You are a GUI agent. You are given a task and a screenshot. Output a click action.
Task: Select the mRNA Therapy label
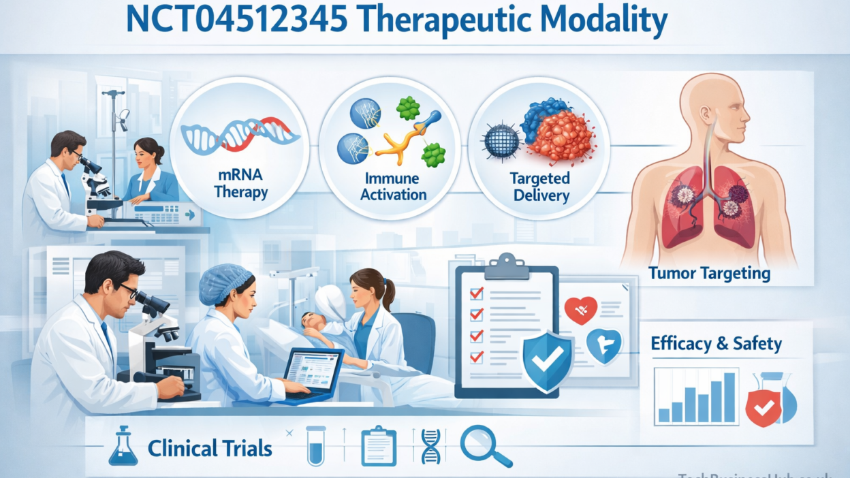click(x=240, y=184)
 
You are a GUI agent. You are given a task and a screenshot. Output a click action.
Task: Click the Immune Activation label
click(x=394, y=186)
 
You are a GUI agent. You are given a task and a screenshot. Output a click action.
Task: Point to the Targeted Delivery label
click(x=539, y=187)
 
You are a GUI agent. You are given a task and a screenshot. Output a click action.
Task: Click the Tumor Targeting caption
click(x=709, y=274)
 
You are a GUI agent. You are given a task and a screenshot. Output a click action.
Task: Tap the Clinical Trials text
click(x=210, y=449)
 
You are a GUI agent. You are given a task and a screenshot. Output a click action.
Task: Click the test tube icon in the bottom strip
click(x=315, y=445)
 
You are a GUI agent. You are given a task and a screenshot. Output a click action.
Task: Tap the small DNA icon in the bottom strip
click(x=430, y=445)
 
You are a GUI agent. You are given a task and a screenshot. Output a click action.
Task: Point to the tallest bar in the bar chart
click(x=729, y=397)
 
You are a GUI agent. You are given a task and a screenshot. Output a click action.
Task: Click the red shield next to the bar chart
click(x=764, y=408)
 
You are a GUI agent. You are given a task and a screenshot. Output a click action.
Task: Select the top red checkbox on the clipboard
click(x=477, y=293)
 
